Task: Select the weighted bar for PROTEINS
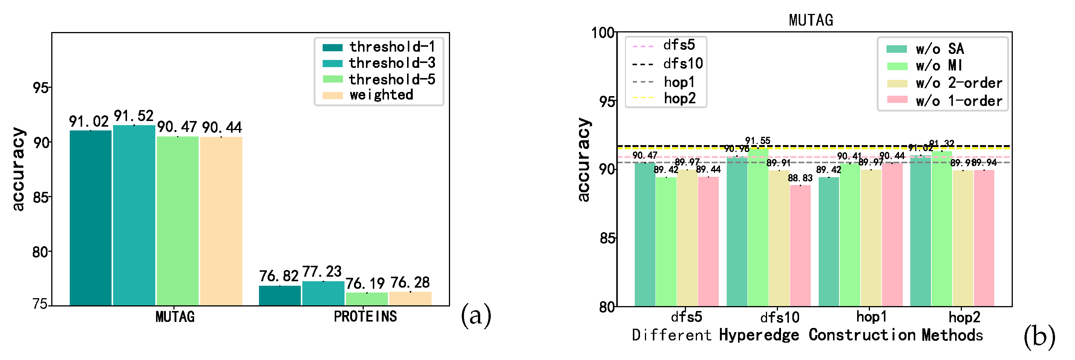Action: (410, 299)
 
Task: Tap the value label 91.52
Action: (133, 116)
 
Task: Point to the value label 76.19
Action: (365, 283)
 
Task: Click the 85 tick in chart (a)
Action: (40, 197)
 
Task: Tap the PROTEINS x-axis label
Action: (365, 317)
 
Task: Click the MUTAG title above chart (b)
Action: (810, 20)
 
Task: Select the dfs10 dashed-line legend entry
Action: (668, 64)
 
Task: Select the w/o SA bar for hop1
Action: (828, 242)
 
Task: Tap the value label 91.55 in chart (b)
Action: (757, 141)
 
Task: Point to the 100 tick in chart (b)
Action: (603, 32)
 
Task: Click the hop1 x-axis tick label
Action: (871, 317)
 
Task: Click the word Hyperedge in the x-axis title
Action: (759, 335)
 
